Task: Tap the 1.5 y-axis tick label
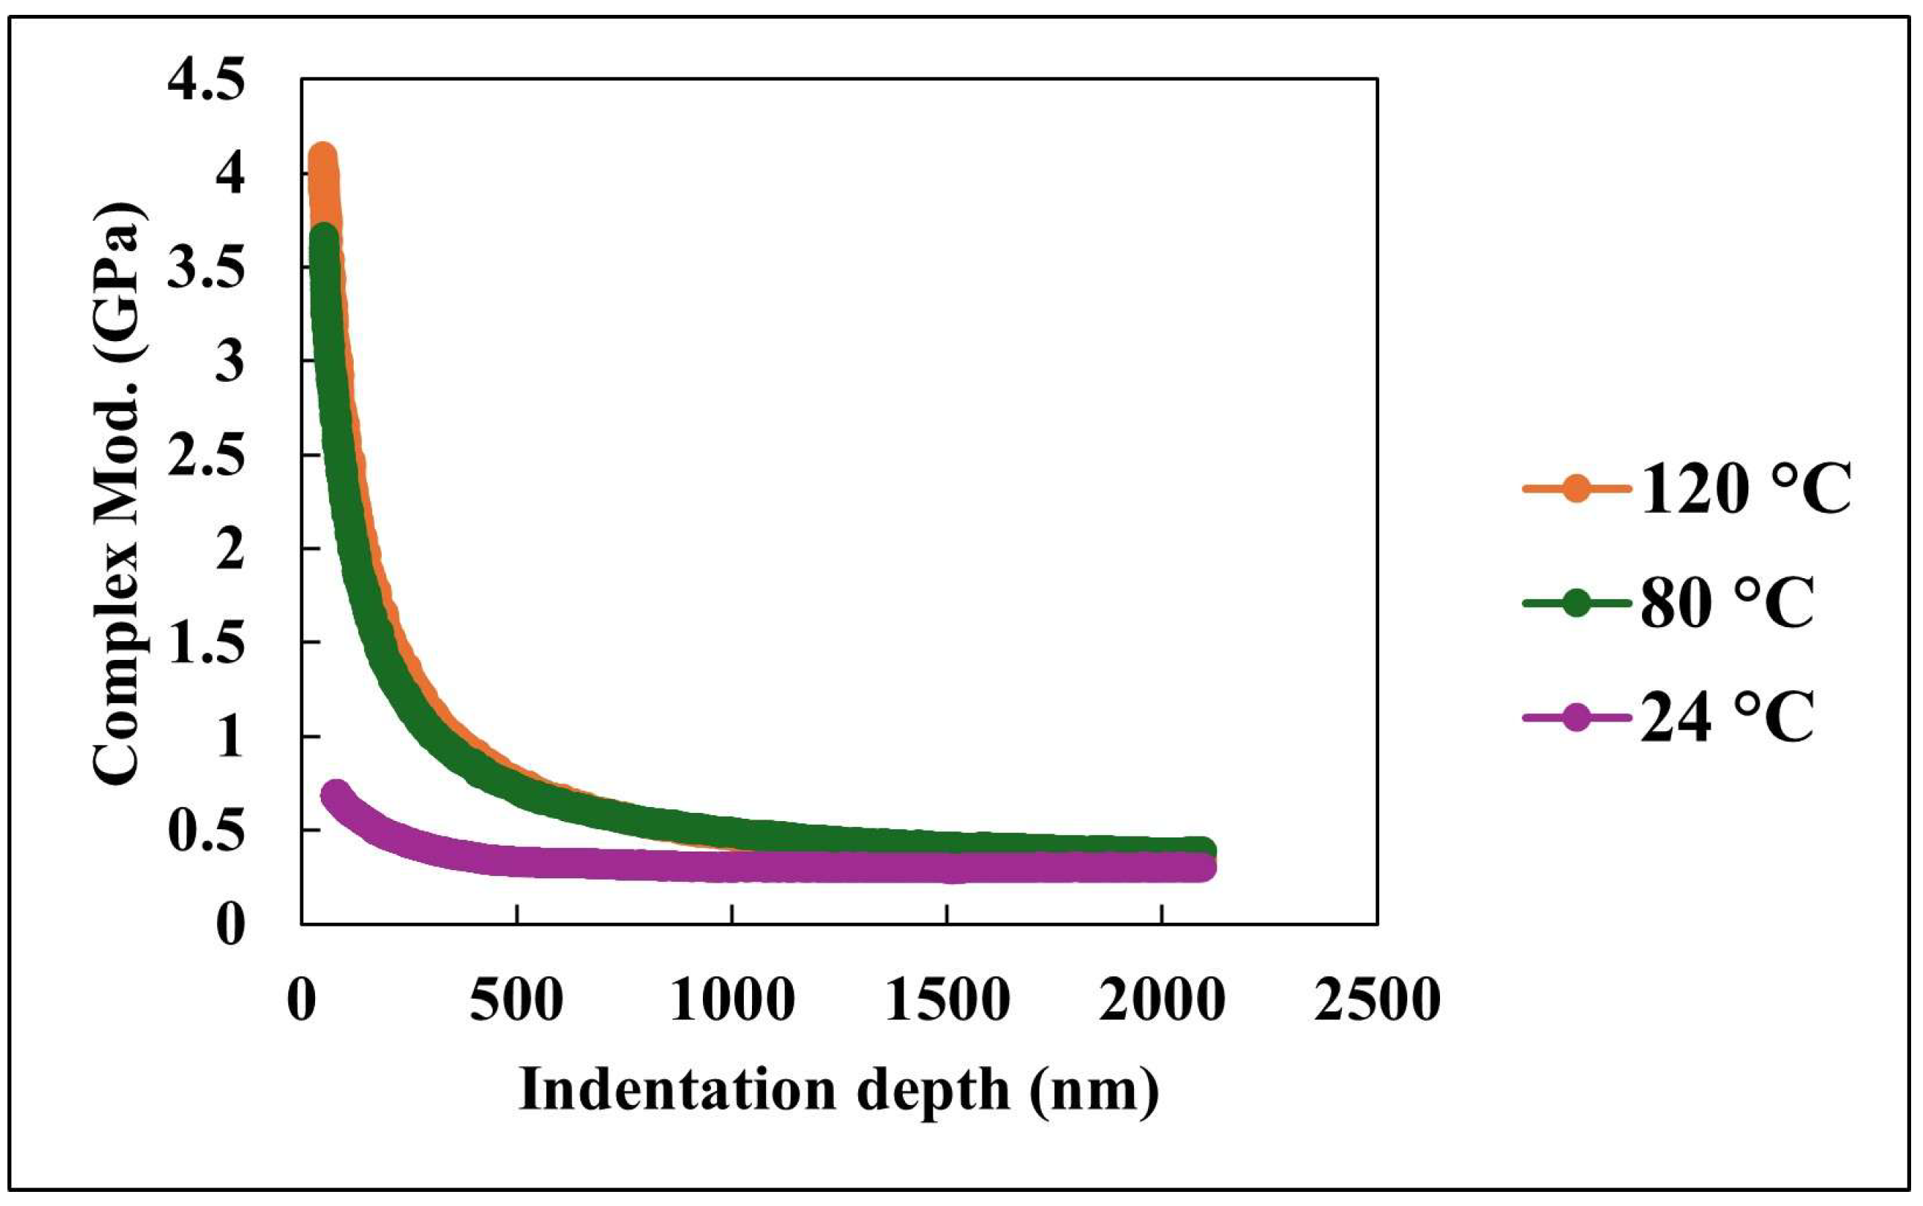[205, 643]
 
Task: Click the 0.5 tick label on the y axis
[205, 832]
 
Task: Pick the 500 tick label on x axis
[517, 999]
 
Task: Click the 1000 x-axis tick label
[731, 999]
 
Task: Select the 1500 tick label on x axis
[947, 999]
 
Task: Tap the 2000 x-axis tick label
[1162, 999]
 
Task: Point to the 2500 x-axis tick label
[1378, 999]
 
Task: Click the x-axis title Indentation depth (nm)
[838, 1089]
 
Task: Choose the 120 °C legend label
[1745, 488]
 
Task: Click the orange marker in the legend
[1575, 488]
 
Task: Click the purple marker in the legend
[1575, 717]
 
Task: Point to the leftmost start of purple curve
[335, 794]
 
